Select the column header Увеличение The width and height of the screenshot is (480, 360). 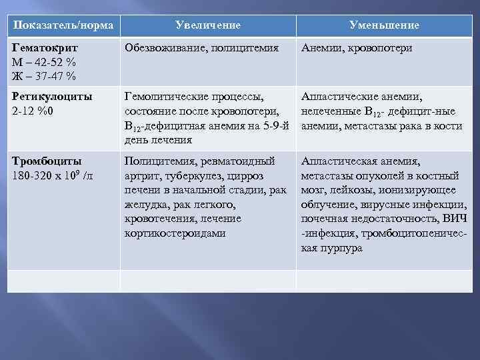pyautogui.click(x=208, y=25)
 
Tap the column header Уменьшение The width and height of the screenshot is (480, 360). pyautogui.click(x=384, y=25)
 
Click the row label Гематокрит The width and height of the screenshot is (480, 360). pyautogui.click(x=45, y=49)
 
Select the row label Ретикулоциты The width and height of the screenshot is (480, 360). pyautogui.click(x=53, y=97)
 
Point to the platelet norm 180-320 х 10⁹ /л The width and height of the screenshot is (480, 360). pyautogui.click(x=54, y=175)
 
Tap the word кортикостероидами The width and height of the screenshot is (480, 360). pyautogui.click(x=175, y=234)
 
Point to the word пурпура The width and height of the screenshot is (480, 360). pyautogui.click(x=341, y=249)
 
